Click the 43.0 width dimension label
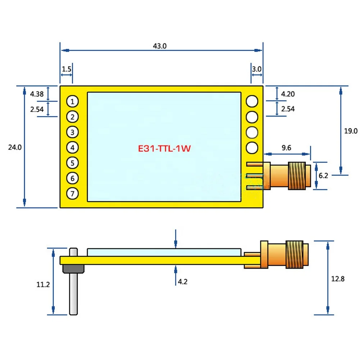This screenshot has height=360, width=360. [160, 46]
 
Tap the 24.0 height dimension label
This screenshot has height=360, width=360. [15, 147]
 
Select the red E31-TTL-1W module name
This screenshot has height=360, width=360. [164, 149]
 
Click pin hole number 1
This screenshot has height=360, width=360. [73, 101]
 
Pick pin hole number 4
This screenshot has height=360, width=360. [73, 147]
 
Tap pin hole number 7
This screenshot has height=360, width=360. [73, 194]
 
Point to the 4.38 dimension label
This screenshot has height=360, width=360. [37, 94]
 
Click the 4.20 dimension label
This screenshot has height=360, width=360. [288, 94]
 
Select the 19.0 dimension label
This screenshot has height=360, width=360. [351, 131]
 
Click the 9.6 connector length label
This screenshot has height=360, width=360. [286, 147]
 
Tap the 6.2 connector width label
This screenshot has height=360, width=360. [323, 176]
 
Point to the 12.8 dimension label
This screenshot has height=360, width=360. [338, 279]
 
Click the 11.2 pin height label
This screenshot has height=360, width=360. [43, 285]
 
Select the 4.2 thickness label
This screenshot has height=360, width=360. [183, 282]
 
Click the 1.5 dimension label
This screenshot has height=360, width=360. [67, 69]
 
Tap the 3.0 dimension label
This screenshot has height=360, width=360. [257, 69]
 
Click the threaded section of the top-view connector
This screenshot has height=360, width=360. [297, 176]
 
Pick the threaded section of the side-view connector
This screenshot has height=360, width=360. [295, 254]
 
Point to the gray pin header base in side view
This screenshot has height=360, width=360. [73, 269]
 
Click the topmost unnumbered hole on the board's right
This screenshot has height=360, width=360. [252, 101]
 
